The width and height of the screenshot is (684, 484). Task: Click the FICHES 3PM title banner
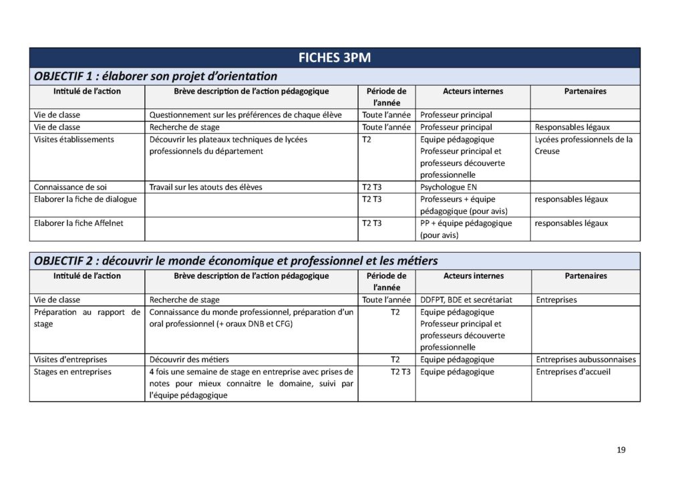(x=335, y=57)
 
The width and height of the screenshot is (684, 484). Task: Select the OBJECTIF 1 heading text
(x=155, y=76)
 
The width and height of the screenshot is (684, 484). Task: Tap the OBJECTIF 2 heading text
(x=236, y=260)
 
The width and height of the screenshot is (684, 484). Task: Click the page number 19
(x=621, y=450)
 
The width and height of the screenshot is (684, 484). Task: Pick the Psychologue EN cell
(x=448, y=187)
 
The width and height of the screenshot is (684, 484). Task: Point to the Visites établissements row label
(x=74, y=139)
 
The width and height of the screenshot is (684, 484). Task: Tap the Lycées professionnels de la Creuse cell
(x=583, y=145)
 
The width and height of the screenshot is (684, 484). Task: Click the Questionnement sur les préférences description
(x=245, y=115)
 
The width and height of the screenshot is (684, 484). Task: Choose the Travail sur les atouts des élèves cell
(x=206, y=187)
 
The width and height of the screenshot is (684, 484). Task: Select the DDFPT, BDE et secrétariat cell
(x=466, y=300)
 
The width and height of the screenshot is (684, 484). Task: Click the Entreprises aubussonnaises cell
(x=586, y=360)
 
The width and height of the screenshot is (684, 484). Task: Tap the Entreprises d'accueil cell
(x=573, y=372)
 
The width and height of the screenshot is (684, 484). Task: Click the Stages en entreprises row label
(x=73, y=372)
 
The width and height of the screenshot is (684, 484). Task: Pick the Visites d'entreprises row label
(x=70, y=360)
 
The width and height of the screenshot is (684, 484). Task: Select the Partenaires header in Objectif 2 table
(x=585, y=275)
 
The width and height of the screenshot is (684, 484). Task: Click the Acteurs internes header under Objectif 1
(x=473, y=91)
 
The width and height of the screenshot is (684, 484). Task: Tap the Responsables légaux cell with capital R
(x=572, y=127)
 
